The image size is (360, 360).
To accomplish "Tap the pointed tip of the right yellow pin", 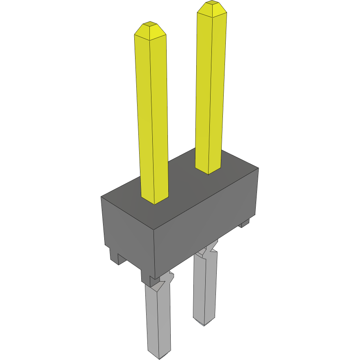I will [x=211, y=7].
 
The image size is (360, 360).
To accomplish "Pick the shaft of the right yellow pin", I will [x=211, y=90].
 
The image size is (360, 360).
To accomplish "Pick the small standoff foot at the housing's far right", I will [x=244, y=223].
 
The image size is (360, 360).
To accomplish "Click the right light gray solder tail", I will [x=204, y=287].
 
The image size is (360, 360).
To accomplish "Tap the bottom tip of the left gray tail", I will [x=159, y=355].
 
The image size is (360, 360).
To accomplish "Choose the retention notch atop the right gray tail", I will [x=211, y=248].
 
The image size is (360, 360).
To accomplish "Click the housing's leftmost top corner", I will [x=101, y=197].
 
